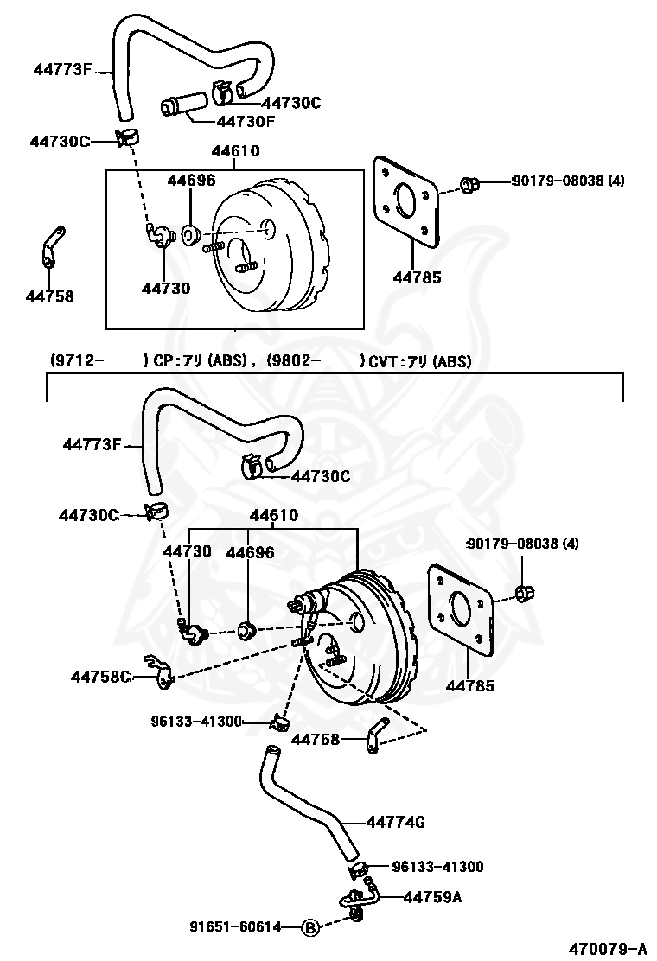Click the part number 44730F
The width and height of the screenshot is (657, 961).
[x=246, y=121]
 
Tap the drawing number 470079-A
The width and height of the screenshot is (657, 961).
[x=608, y=950]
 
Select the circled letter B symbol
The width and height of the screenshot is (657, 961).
[x=310, y=928]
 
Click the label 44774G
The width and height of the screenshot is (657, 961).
[x=395, y=822]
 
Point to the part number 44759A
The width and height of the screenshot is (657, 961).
[x=433, y=897]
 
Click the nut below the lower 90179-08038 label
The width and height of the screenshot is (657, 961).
[x=525, y=593]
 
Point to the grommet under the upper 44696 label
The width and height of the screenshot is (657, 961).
[x=190, y=233]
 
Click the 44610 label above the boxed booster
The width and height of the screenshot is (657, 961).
[x=235, y=150]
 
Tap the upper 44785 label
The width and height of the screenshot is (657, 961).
[x=417, y=277]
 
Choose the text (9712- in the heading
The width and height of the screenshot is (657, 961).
[x=76, y=361]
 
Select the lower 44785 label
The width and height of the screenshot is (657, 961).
[x=470, y=686]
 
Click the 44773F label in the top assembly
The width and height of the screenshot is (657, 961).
[x=62, y=69]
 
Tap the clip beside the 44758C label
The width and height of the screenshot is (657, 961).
[x=159, y=671]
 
